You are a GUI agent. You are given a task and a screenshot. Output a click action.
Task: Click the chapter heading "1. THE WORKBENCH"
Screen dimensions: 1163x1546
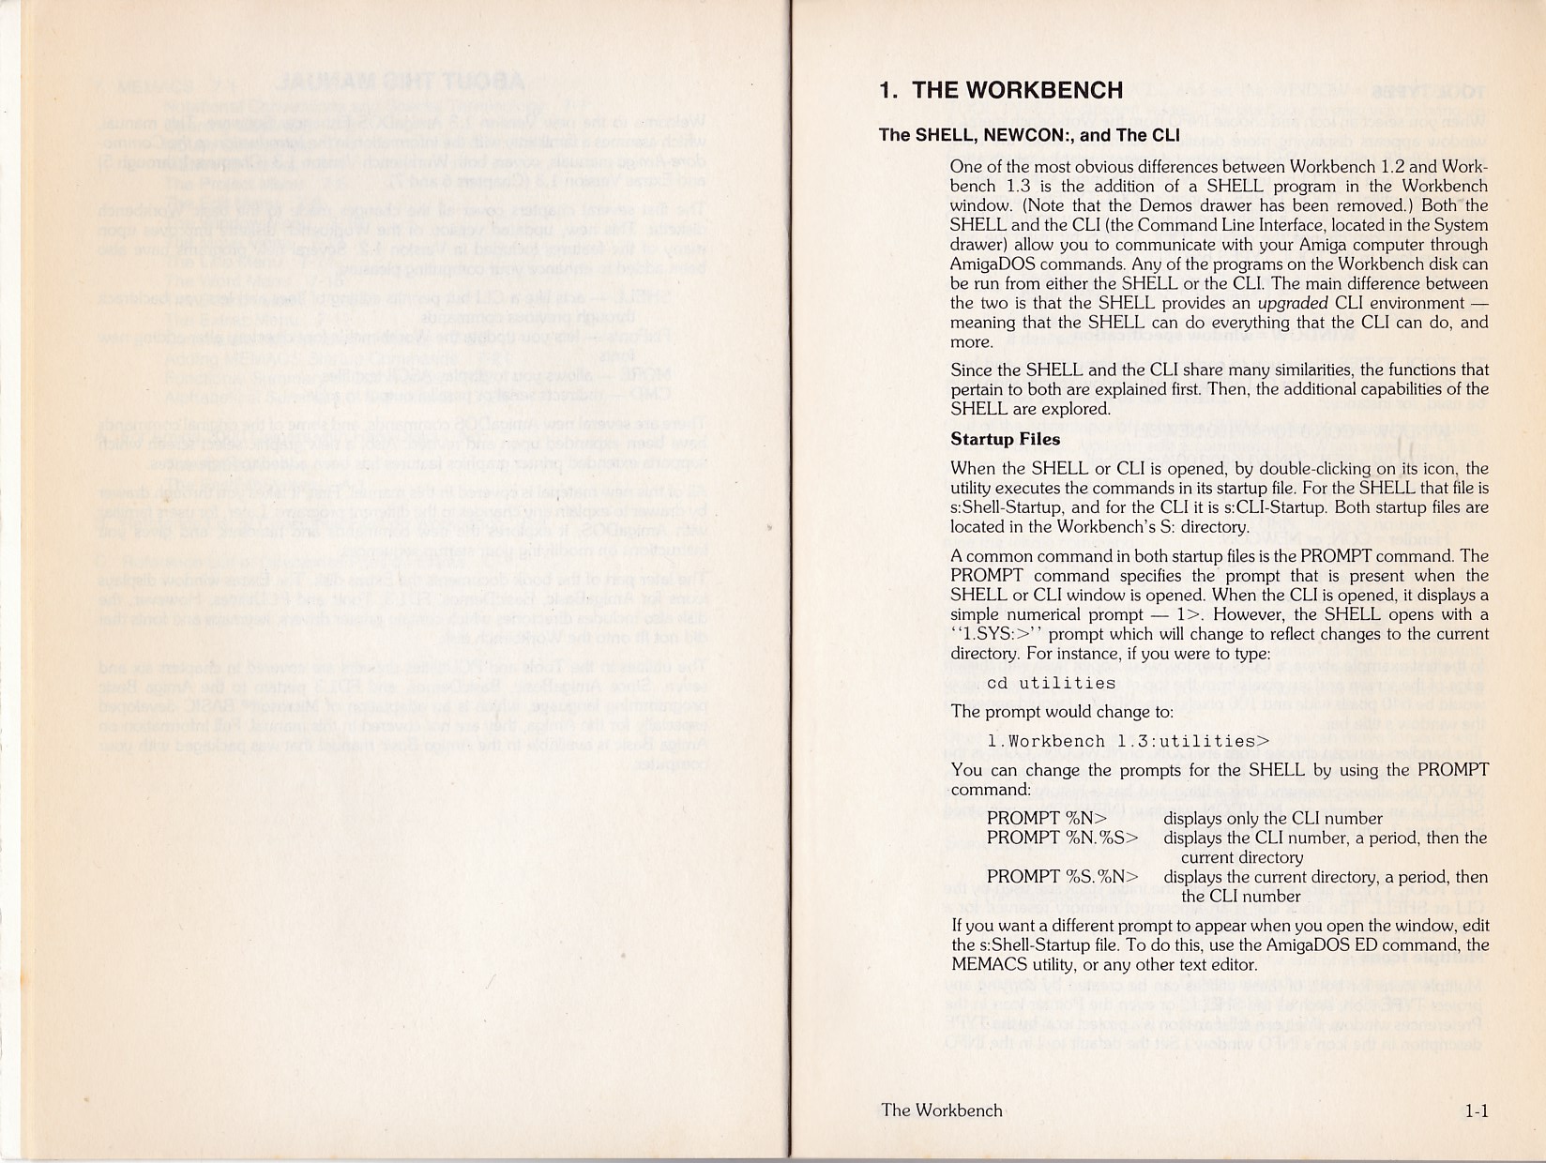click(x=1001, y=90)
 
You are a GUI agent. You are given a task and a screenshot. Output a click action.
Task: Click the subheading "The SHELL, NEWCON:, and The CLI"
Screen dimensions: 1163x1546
click(x=1029, y=135)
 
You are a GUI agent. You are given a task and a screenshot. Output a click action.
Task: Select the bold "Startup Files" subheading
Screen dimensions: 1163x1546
click(x=1005, y=439)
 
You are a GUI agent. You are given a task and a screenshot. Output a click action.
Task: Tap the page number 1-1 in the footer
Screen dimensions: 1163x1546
click(x=1477, y=1111)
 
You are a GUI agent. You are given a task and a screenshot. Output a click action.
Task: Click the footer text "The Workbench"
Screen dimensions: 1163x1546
click(x=942, y=1110)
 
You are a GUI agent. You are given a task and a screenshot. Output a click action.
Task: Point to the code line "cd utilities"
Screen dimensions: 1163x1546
click(x=1051, y=683)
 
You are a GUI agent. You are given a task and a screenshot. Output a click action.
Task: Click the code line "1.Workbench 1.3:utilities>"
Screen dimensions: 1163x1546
click(x=1128, y=741)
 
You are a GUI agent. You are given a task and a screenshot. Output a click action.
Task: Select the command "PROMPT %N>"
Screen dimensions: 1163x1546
click(x=1047, y=819)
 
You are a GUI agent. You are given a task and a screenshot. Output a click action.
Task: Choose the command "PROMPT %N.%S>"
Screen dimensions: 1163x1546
click(x=1062, y=838)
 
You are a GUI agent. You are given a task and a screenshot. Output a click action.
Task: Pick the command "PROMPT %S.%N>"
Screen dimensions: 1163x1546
click(x=1062, y=877)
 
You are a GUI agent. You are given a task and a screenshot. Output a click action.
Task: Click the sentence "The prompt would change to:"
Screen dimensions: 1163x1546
click(x=1062, y=712)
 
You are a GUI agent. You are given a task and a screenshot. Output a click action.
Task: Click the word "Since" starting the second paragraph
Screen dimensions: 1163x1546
click(x=972, y=370)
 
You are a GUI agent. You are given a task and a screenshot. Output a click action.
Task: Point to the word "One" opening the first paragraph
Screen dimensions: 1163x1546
click(x=967, y=167)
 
